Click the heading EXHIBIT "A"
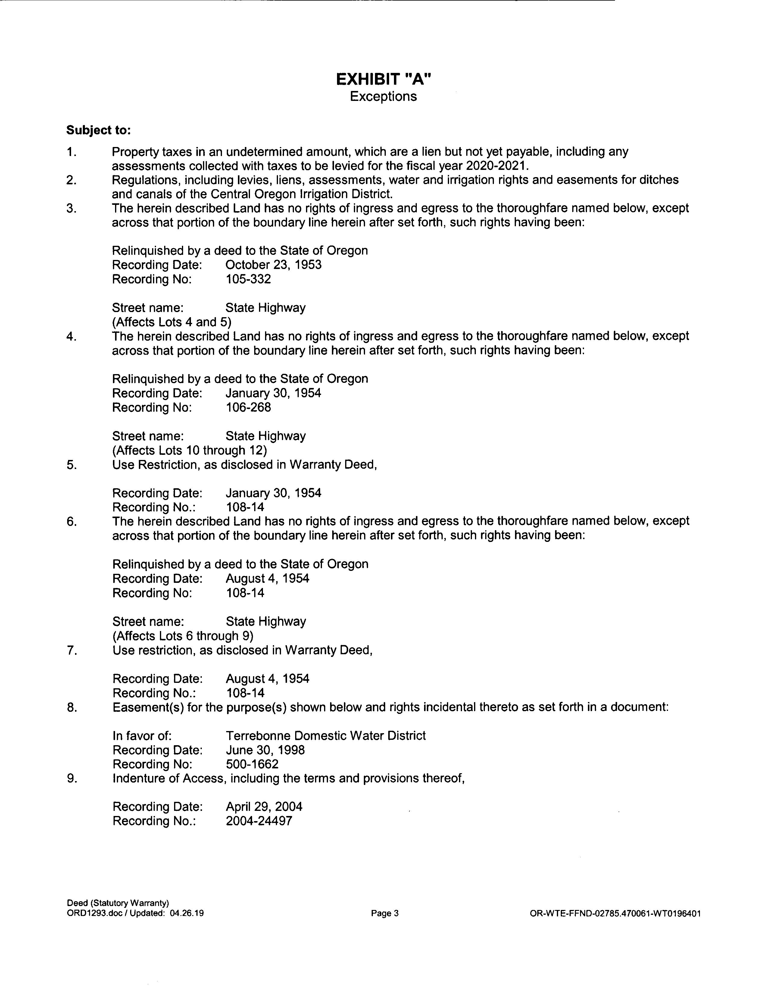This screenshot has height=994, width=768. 383,80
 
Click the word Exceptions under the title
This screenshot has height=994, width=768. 383,96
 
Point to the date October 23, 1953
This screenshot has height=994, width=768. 273,265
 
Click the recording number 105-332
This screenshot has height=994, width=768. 248,279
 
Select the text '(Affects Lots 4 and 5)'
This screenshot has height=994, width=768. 172,322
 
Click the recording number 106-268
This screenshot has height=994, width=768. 248,407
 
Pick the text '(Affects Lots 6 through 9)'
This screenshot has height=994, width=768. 183,636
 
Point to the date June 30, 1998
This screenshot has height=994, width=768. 265,750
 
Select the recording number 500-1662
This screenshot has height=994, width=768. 252,764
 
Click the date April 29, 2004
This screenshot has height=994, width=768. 264,807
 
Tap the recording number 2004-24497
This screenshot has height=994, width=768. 259,821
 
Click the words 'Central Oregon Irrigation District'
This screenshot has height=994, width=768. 301,194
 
